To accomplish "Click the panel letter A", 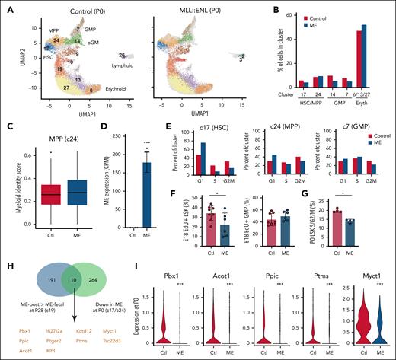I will pos(8,6).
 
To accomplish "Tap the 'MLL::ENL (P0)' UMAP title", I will pos(196,8).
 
